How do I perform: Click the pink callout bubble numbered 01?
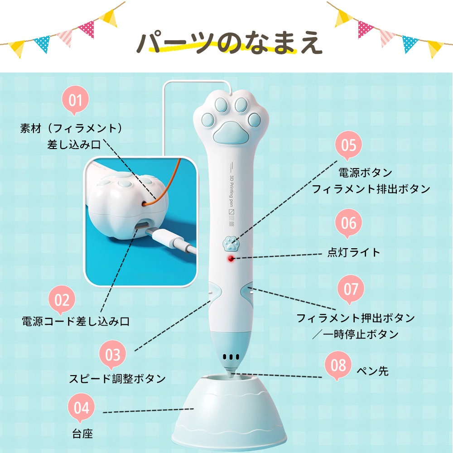tap(75, 100)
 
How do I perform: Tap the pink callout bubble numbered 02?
tap(62, 299)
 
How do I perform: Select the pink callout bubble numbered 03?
tap(113, 355)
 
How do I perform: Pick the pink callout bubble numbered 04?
tap(81, 407)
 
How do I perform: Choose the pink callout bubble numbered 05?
tap(349, 145)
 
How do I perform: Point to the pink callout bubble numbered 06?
tap(349, 223)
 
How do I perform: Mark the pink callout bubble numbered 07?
tap(351, 289)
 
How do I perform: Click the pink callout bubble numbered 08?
tap(338, 365)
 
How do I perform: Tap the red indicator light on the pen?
tap(231, 258)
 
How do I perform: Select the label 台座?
tap(82, 434)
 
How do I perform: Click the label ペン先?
tap(373, 371)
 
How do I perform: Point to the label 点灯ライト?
tap(354, 252)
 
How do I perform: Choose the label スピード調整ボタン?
tap(117, 378)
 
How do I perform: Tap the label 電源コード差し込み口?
tap(76, 321)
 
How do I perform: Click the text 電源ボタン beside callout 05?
tap(365, 173)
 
